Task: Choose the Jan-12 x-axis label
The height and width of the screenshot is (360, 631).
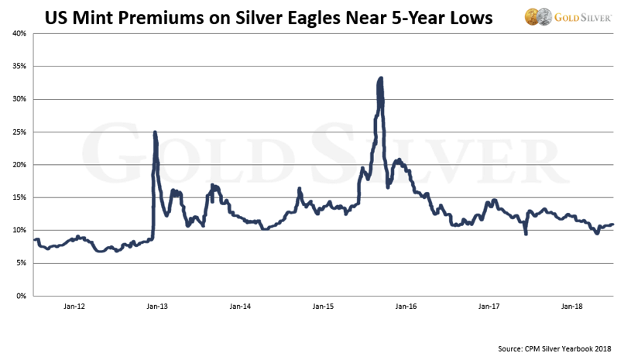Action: click(x=74, y=307)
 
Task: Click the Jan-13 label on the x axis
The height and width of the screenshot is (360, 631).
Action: click(x=157, y=307)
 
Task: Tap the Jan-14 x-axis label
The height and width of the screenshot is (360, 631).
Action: click(x=240, y=307)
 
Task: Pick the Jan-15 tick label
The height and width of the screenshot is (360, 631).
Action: click(x=323, y=307)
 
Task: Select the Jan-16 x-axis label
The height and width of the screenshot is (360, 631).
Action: click(x=406, y=307)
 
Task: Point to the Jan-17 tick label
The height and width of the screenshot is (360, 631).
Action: click(x=489, y=307)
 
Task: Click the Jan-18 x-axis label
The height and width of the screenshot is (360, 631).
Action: click(x=571, y=307)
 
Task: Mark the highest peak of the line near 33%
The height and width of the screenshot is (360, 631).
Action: click(x=381, y=78)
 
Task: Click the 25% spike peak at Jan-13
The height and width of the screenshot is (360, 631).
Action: click(x=155, y=132)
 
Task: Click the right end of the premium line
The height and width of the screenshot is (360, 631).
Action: click(x=613, y=225)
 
